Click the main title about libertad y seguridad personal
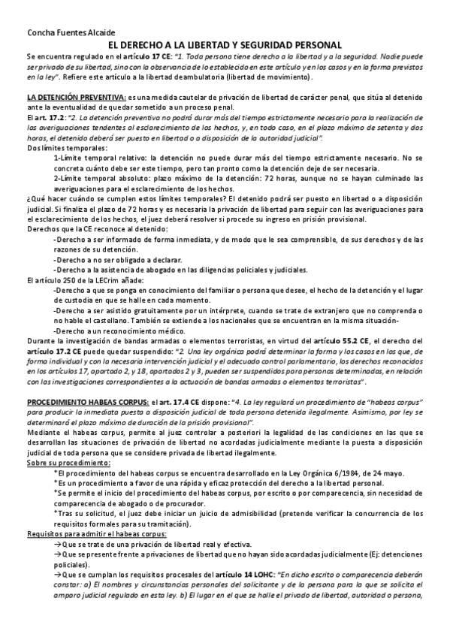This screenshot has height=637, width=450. coord(225,45)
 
